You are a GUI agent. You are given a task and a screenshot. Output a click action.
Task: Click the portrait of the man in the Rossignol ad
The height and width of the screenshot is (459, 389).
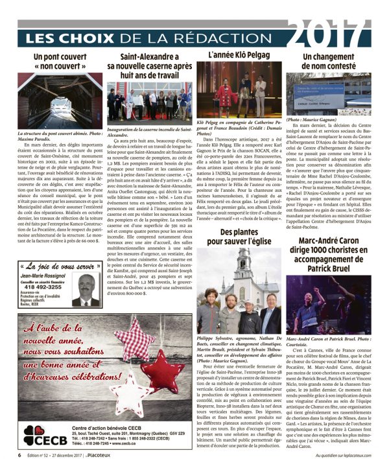(86, 290)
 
